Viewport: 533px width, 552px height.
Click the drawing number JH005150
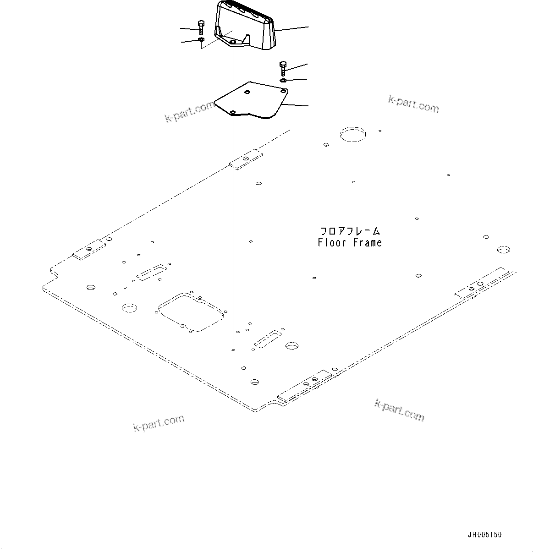point(484,535)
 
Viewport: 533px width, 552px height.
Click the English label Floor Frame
point(350,243)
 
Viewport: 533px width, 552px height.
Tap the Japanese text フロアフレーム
point(350,231)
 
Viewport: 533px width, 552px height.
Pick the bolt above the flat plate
point(282,68)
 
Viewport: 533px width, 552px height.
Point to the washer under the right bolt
point(283,81)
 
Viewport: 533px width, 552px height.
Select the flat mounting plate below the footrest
point(252,101)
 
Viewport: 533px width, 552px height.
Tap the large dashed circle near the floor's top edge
point(353,134)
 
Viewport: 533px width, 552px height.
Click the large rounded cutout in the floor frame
point(191,311)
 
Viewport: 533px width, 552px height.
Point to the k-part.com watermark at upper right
point(413,104)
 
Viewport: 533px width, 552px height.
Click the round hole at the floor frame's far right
point(503,250)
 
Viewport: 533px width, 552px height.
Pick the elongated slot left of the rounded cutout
point(150,272)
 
